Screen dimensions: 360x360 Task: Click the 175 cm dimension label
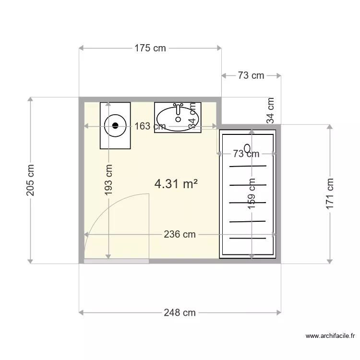[150, 48]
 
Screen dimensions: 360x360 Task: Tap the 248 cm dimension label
[180, 312]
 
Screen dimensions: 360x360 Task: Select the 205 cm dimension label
[30, 180]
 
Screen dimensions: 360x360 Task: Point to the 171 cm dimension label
[330, 193]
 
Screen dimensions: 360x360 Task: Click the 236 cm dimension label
[180, 234]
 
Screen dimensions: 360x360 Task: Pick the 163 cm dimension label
[150, 126]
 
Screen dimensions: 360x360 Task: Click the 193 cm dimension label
[108, 180]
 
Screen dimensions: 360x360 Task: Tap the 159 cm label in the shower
[252, 193]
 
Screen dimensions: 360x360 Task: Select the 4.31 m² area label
[176, 184]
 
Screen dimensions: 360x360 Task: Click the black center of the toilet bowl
[115, 126]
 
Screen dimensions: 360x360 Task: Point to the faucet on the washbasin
[178, 108]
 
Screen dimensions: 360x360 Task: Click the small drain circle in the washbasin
[178, 119]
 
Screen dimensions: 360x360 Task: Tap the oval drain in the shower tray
[247, 148]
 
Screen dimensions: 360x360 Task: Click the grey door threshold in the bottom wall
[117, 261]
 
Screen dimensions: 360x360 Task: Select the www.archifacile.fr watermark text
[330, 336]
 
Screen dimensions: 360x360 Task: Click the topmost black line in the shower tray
[248, 166]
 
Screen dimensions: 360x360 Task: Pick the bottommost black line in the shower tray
[248, 238]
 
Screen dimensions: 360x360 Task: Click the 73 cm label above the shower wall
[251, 75]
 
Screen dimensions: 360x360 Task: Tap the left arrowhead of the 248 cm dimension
[81, 312]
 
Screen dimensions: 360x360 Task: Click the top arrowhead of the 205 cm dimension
[30, 99]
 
